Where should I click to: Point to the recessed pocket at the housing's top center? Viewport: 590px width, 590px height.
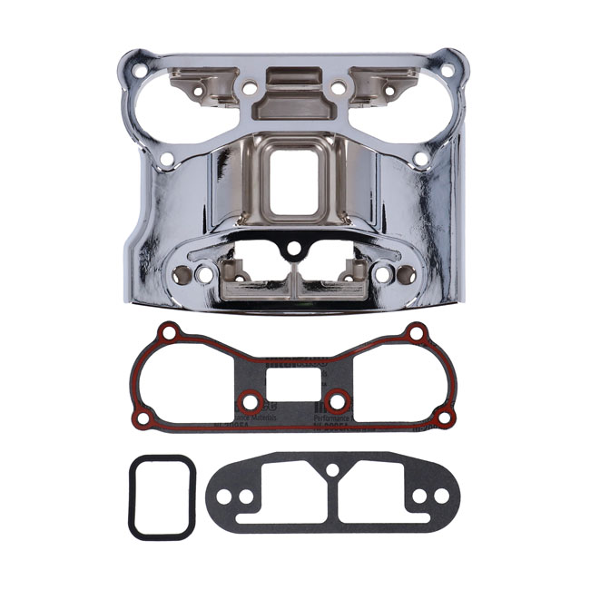click(293, 100)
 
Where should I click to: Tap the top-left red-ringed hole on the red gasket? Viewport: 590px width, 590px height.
click(168, 332)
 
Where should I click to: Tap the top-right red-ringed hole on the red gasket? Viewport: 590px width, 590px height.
click(417, 332)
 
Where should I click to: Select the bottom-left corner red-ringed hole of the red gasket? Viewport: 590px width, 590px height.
click(143, 418)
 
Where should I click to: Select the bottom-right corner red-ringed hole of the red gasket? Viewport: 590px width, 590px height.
click(444, 417)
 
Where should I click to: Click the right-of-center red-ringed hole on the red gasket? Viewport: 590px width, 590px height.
click(337, 400)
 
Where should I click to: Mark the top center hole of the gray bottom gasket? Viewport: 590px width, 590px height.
click(332, 470)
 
